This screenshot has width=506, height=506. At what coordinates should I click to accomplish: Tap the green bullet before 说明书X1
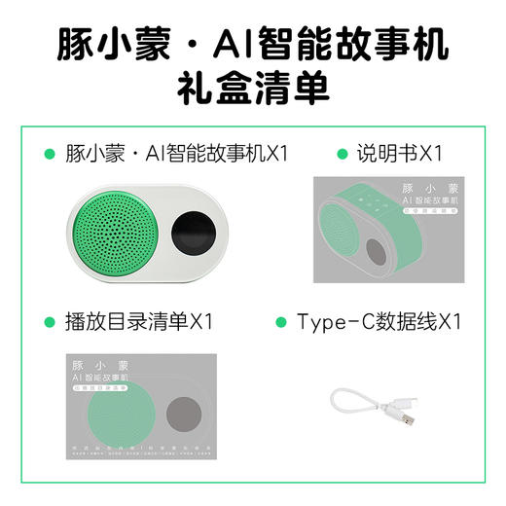tap(342, 155)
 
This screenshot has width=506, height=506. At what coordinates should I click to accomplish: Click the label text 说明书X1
tap(400, 154)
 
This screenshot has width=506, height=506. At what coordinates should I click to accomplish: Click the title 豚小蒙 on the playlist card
tap(100, 358)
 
